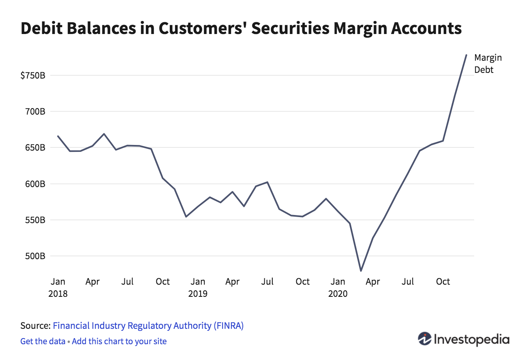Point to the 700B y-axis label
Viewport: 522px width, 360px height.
click(x=36, y=111)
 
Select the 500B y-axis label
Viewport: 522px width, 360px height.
click(x=36, y=256)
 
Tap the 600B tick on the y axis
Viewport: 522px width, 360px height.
click(x=36, y=184)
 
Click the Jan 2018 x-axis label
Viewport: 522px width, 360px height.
click(x=58, y=288)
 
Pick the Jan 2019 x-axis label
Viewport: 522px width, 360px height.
click(x=198, y=288)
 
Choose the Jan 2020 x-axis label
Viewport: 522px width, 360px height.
click(x=338, y=288)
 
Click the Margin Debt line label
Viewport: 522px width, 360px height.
click(x=488, y=64)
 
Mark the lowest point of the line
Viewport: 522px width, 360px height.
click(x=361, y=271)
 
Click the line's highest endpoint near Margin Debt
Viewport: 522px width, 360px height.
click(x=466, y=55)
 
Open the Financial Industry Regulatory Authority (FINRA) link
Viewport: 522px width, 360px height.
click(x=148, y=326)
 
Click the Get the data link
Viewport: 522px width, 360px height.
click(x=43, y=341)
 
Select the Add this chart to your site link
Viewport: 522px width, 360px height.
click(x=119, y=341)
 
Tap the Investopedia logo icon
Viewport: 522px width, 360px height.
click(x=425, y=339)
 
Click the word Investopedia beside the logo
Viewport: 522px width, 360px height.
click(x=471, y=339)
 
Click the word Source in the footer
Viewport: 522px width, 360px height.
click(x=34, y=326)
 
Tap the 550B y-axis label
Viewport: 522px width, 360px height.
click(x=36, y=220)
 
